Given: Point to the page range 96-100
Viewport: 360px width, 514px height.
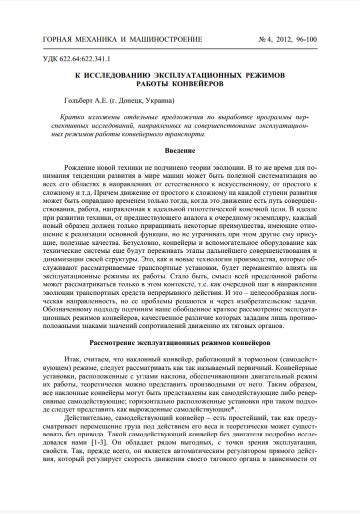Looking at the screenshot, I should point(305,39).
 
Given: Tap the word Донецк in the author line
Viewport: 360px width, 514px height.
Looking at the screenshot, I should point(130,100).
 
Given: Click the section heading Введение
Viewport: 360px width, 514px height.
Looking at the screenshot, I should point(180,150).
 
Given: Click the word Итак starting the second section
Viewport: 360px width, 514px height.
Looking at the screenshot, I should point(72,360).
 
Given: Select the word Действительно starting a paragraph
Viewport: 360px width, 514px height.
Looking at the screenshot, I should point(89,417).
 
